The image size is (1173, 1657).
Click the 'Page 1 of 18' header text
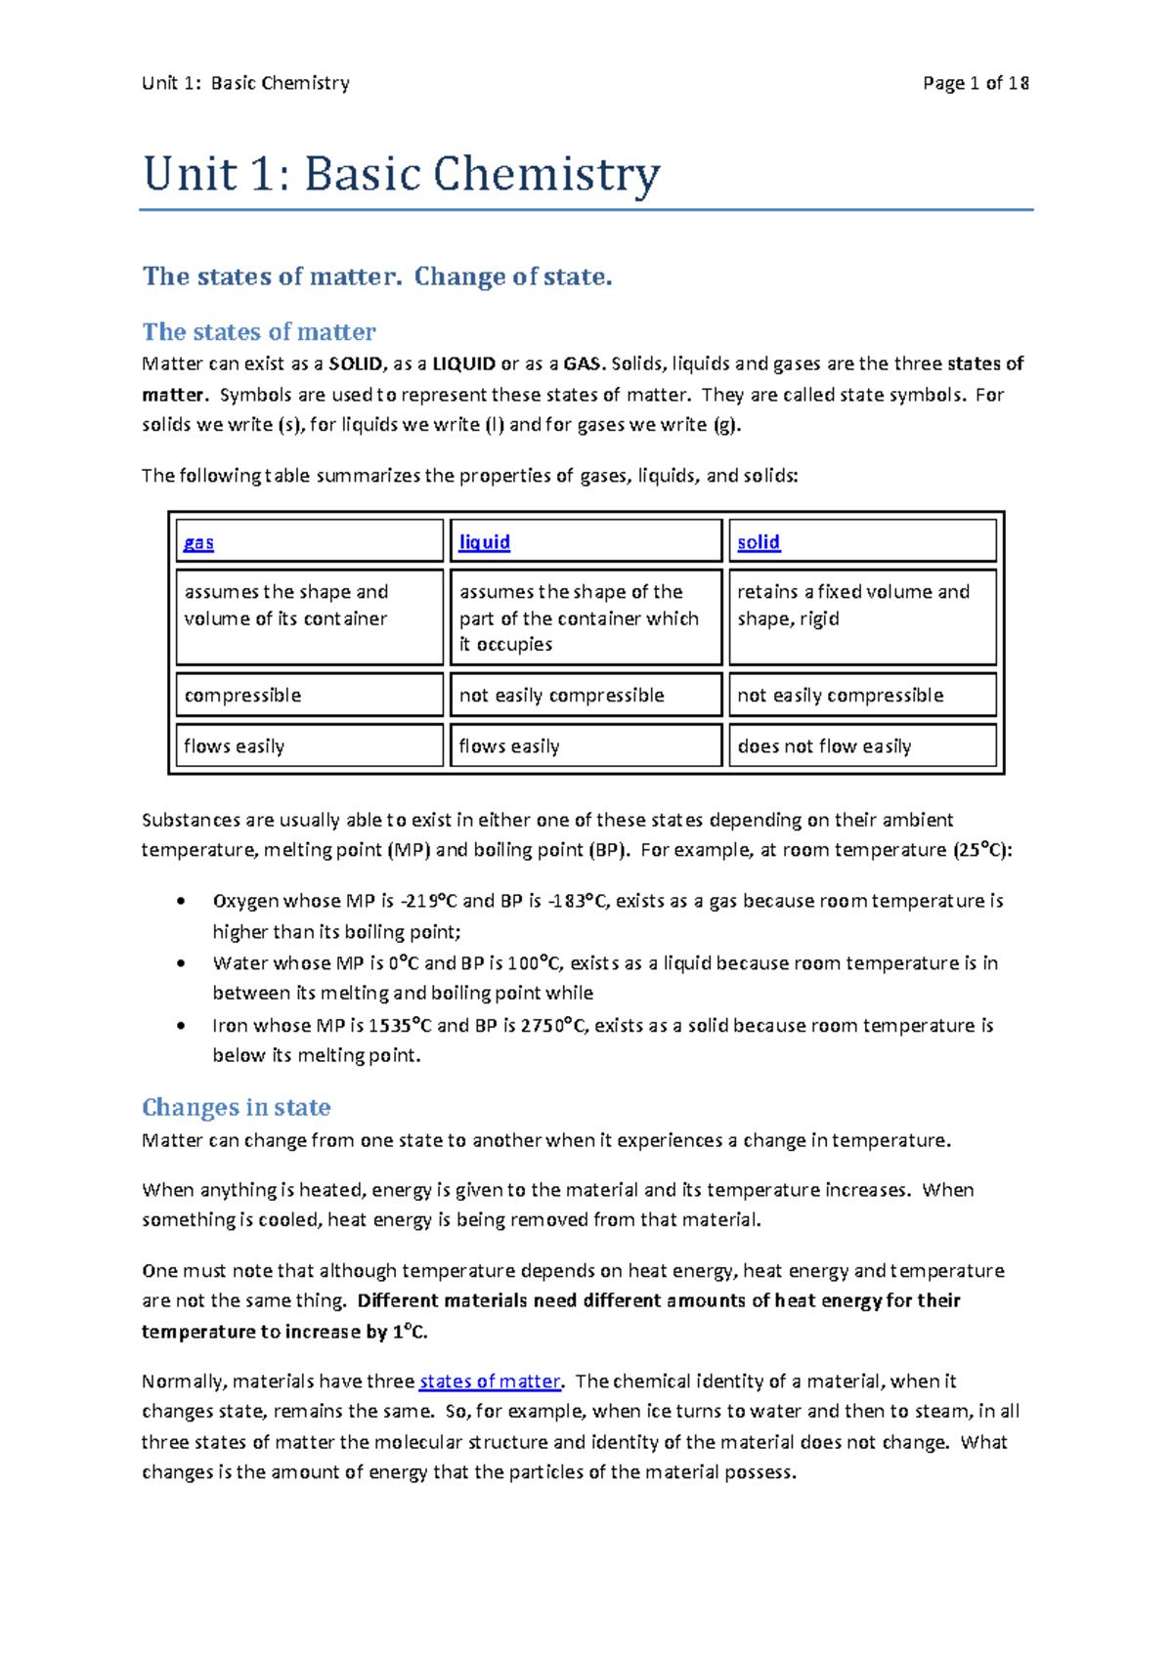(975, 83)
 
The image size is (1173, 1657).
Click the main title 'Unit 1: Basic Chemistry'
(402, 175)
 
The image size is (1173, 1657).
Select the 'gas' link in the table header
(198, 542)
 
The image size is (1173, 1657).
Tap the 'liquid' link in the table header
(485, 542)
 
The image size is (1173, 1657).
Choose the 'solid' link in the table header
(759, 542)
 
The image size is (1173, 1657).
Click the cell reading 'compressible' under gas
(242, 696)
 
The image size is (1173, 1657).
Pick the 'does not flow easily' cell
(824, 746)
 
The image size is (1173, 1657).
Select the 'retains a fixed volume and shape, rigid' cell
(852, 605)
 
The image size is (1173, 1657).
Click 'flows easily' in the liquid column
(509, 746)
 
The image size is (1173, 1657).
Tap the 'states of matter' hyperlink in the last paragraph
(490, 1381)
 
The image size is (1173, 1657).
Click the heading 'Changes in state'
(237, 1107)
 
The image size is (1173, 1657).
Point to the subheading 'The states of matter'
(259, 332)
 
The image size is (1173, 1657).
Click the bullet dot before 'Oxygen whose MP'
(181, 901)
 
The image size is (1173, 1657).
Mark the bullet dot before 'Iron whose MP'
(181, 1026)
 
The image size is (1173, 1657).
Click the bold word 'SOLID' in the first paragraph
(356, 364)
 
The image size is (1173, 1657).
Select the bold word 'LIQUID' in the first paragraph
(463, 364)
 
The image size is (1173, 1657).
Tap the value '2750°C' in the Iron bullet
(554, 1026)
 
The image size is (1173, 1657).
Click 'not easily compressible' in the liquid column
(561, 696)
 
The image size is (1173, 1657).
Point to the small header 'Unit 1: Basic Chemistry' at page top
(245, 83)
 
